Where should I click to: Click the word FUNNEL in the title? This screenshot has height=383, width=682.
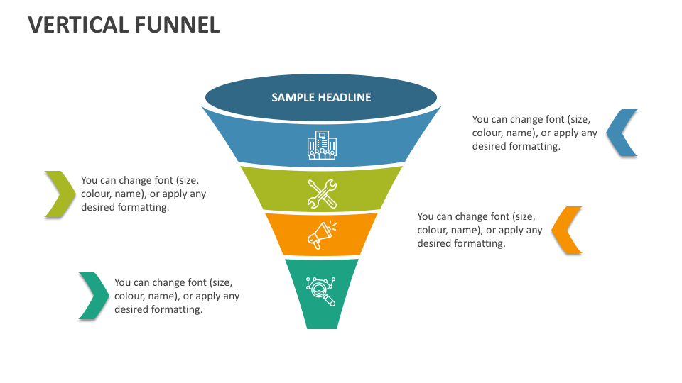tap(177, 25)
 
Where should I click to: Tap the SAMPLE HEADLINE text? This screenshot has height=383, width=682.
tap(321, 97)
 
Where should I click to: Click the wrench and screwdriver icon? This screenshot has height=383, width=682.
tap(322, 194)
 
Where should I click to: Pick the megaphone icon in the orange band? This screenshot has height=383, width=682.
tap(322, 235)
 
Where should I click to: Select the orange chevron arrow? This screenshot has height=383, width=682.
tap(567, 230)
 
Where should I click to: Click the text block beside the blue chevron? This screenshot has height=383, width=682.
tap(535, 133)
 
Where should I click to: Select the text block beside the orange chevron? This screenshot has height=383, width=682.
tap(480, 230)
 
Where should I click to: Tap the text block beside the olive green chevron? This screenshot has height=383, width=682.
tap(144, 194)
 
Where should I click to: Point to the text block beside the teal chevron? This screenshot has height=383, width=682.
tap(177, 296)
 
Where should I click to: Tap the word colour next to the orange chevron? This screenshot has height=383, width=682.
tap(433, 230)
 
